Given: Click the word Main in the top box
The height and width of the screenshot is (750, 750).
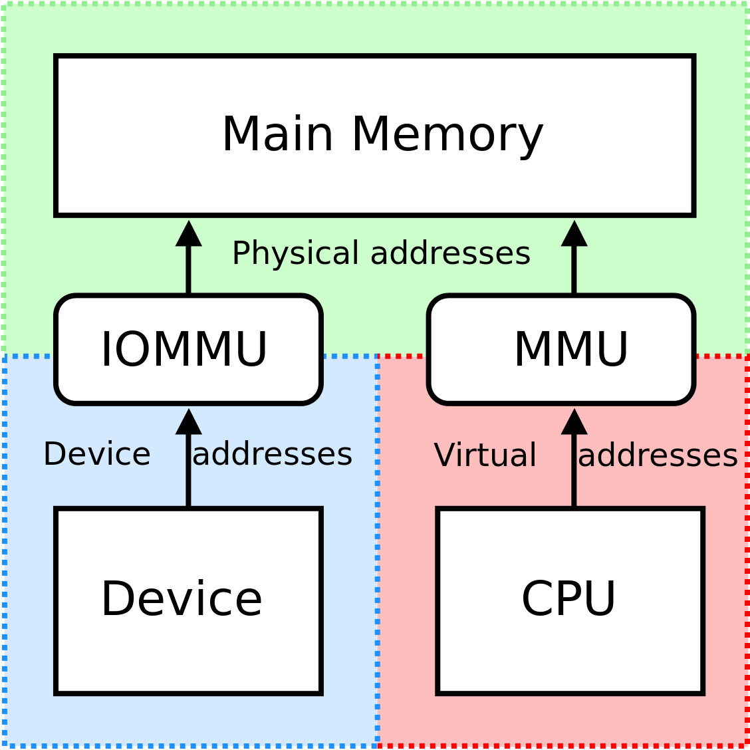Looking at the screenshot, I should click(x=277, y=135).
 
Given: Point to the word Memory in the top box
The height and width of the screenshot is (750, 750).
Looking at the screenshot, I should click(x=447, y=135).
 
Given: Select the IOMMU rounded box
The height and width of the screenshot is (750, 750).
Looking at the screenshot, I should click(x=188, y=349).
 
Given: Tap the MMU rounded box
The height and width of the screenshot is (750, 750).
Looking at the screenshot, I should click(x=561, y=349).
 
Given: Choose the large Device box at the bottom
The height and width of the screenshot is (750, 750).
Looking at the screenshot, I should click(x=188, y=600).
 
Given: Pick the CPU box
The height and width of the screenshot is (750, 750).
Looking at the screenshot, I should click(x=570, y=600).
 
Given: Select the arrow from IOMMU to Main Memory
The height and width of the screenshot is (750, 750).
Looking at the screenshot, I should click(x=189, y=263).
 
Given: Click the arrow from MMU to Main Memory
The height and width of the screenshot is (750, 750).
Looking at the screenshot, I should click(x=574, y=263).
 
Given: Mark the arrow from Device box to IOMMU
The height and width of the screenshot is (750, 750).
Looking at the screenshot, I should click(x=189, y=465).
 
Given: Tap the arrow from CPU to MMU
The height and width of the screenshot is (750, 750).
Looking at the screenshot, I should click(x=574, y=465).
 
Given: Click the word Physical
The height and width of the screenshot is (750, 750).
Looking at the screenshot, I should click(x=296, y=254).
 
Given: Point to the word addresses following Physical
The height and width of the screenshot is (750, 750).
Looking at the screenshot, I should click(x=450, y=254).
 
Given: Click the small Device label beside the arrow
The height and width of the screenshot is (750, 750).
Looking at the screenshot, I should click(x=97, y=455).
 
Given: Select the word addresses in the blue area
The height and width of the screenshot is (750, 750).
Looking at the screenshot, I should click(x=272, y=455).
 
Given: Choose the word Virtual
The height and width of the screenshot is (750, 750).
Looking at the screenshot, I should click(x=485, y=456).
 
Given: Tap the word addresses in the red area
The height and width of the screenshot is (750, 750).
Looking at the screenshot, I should click(x=658, y=456).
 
